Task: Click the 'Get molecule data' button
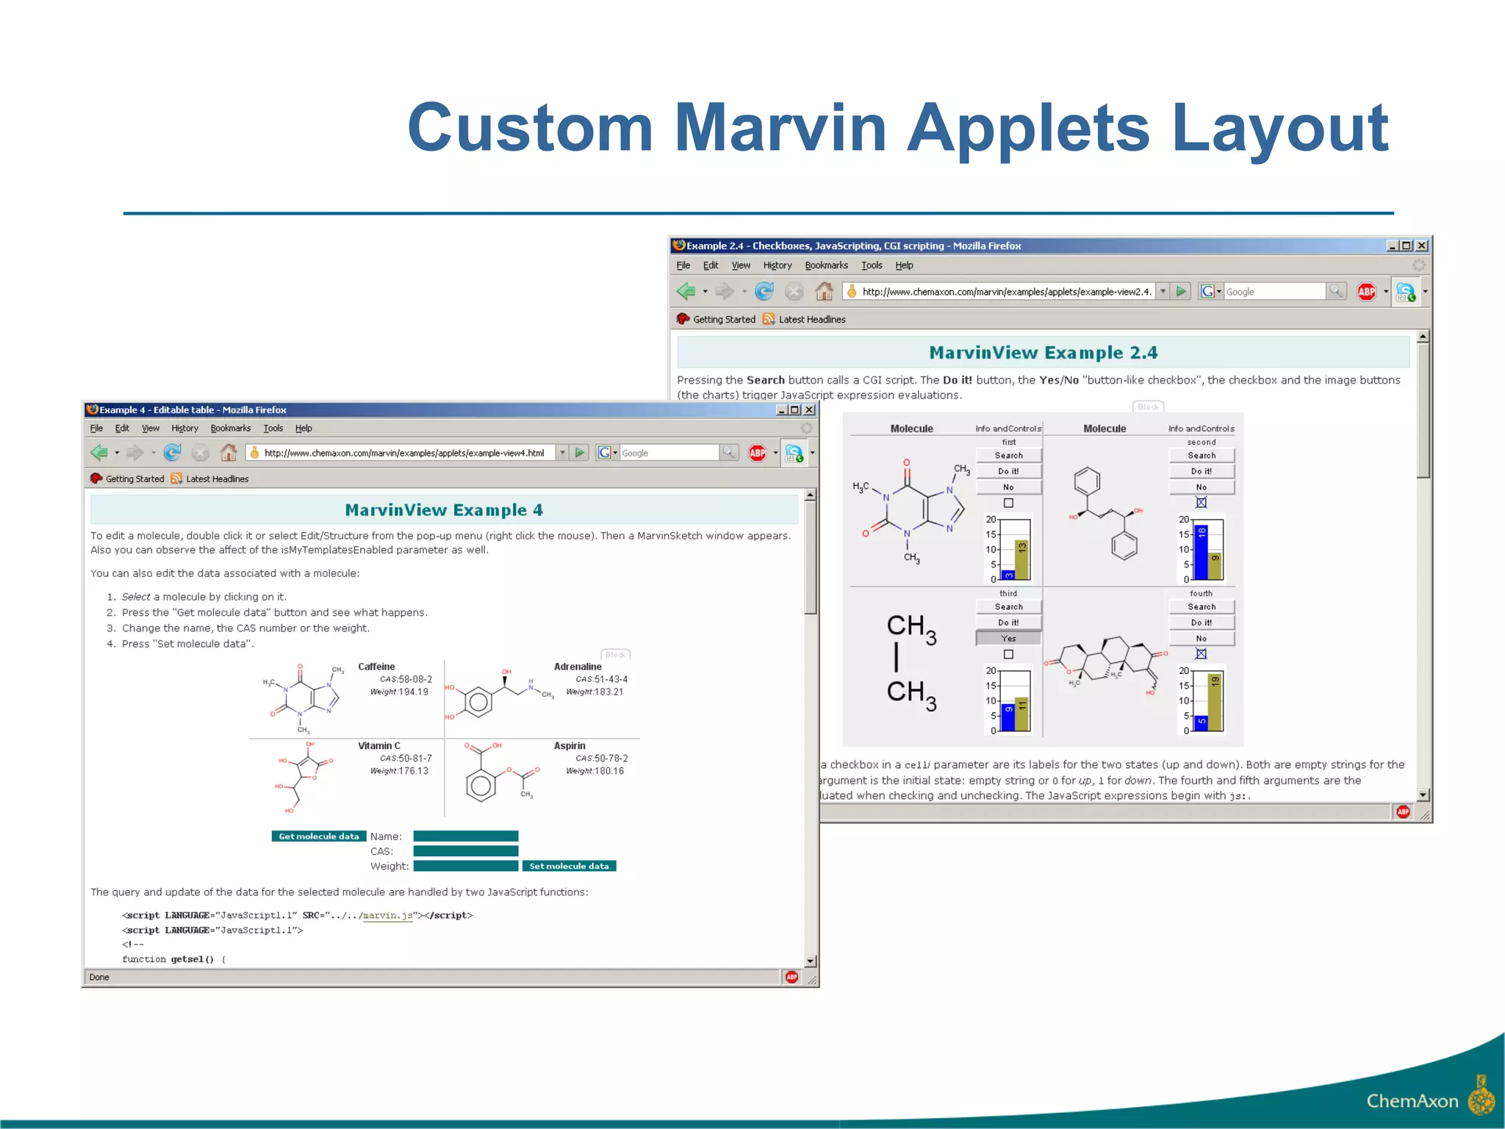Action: pos(319,836)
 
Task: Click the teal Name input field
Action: pos(466,836)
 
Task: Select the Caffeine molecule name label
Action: pos(376,667)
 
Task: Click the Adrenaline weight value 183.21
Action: pos(608,692)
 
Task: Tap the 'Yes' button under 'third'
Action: pos(1008,639)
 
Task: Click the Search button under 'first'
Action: pos(1008,456)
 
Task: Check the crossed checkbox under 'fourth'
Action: pos(1201,653)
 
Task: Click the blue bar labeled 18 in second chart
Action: pos(1202,551)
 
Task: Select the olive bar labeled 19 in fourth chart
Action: pos(1215,702)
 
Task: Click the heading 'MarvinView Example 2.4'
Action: pos(1043,353)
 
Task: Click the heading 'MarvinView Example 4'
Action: pos(444,510)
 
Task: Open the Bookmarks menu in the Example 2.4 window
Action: pos(826,265)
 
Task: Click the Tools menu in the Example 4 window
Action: pos(273,429)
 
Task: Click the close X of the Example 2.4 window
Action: pos(1422,245)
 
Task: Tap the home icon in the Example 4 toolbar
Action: pos(229,453)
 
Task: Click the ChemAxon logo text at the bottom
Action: pos(1412,1100)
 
